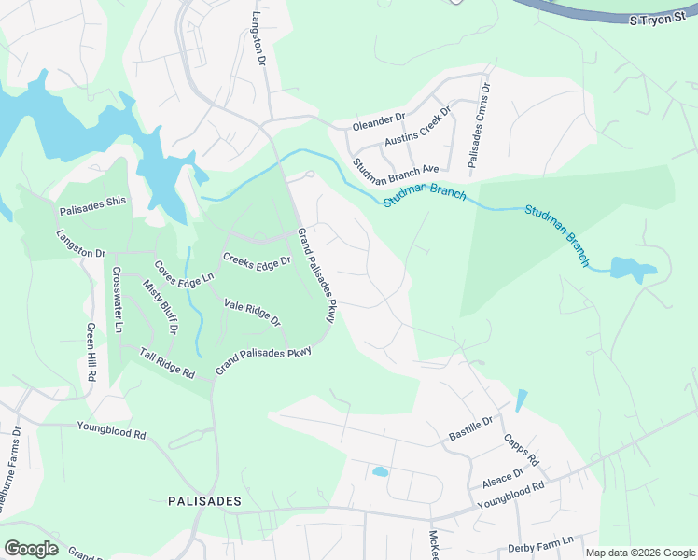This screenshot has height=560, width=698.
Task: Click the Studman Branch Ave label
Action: (x=396, y=169)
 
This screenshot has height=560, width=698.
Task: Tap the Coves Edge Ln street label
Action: (x=184, y=272)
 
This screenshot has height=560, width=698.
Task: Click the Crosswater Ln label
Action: (x=118, y=301)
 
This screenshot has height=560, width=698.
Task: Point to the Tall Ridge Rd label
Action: (x=167, y=362)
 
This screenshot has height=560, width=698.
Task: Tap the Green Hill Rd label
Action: (x=91, y=352)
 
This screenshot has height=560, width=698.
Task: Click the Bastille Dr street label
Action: (x=470, y=428)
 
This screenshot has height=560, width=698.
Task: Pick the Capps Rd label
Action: (x=521, y=449)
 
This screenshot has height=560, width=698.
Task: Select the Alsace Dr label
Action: (x=502, y=478)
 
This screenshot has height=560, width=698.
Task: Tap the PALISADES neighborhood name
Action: (x=204, y=501)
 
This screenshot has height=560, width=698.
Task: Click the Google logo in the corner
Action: (x=31, y=548)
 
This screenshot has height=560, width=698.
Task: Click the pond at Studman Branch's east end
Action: (x=634, y=270)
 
